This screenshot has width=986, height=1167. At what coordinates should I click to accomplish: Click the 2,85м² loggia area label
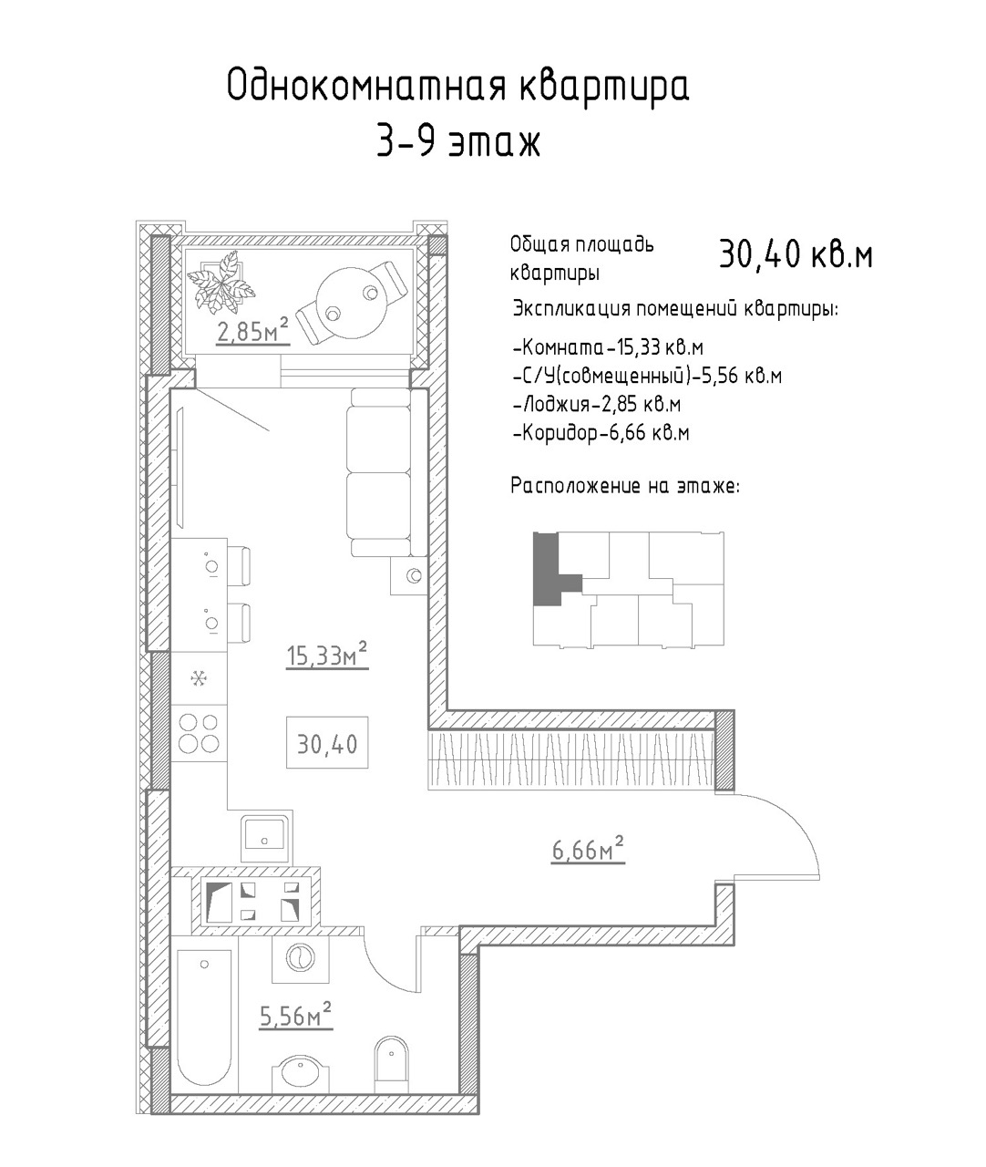point(252,330)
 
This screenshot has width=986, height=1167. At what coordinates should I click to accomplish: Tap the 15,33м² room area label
point(327,655)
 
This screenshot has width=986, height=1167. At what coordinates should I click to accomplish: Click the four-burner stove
point(199,733)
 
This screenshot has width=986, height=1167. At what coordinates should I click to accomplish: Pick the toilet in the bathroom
point(392,1059)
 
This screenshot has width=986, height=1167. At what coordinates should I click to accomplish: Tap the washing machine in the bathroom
point(300,957)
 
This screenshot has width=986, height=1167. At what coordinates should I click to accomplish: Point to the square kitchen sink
point(266,839)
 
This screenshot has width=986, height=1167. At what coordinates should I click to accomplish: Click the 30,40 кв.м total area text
point(796,254)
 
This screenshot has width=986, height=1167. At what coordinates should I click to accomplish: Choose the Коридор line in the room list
point(601,434)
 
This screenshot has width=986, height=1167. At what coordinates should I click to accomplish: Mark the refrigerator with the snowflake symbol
point(199,678)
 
